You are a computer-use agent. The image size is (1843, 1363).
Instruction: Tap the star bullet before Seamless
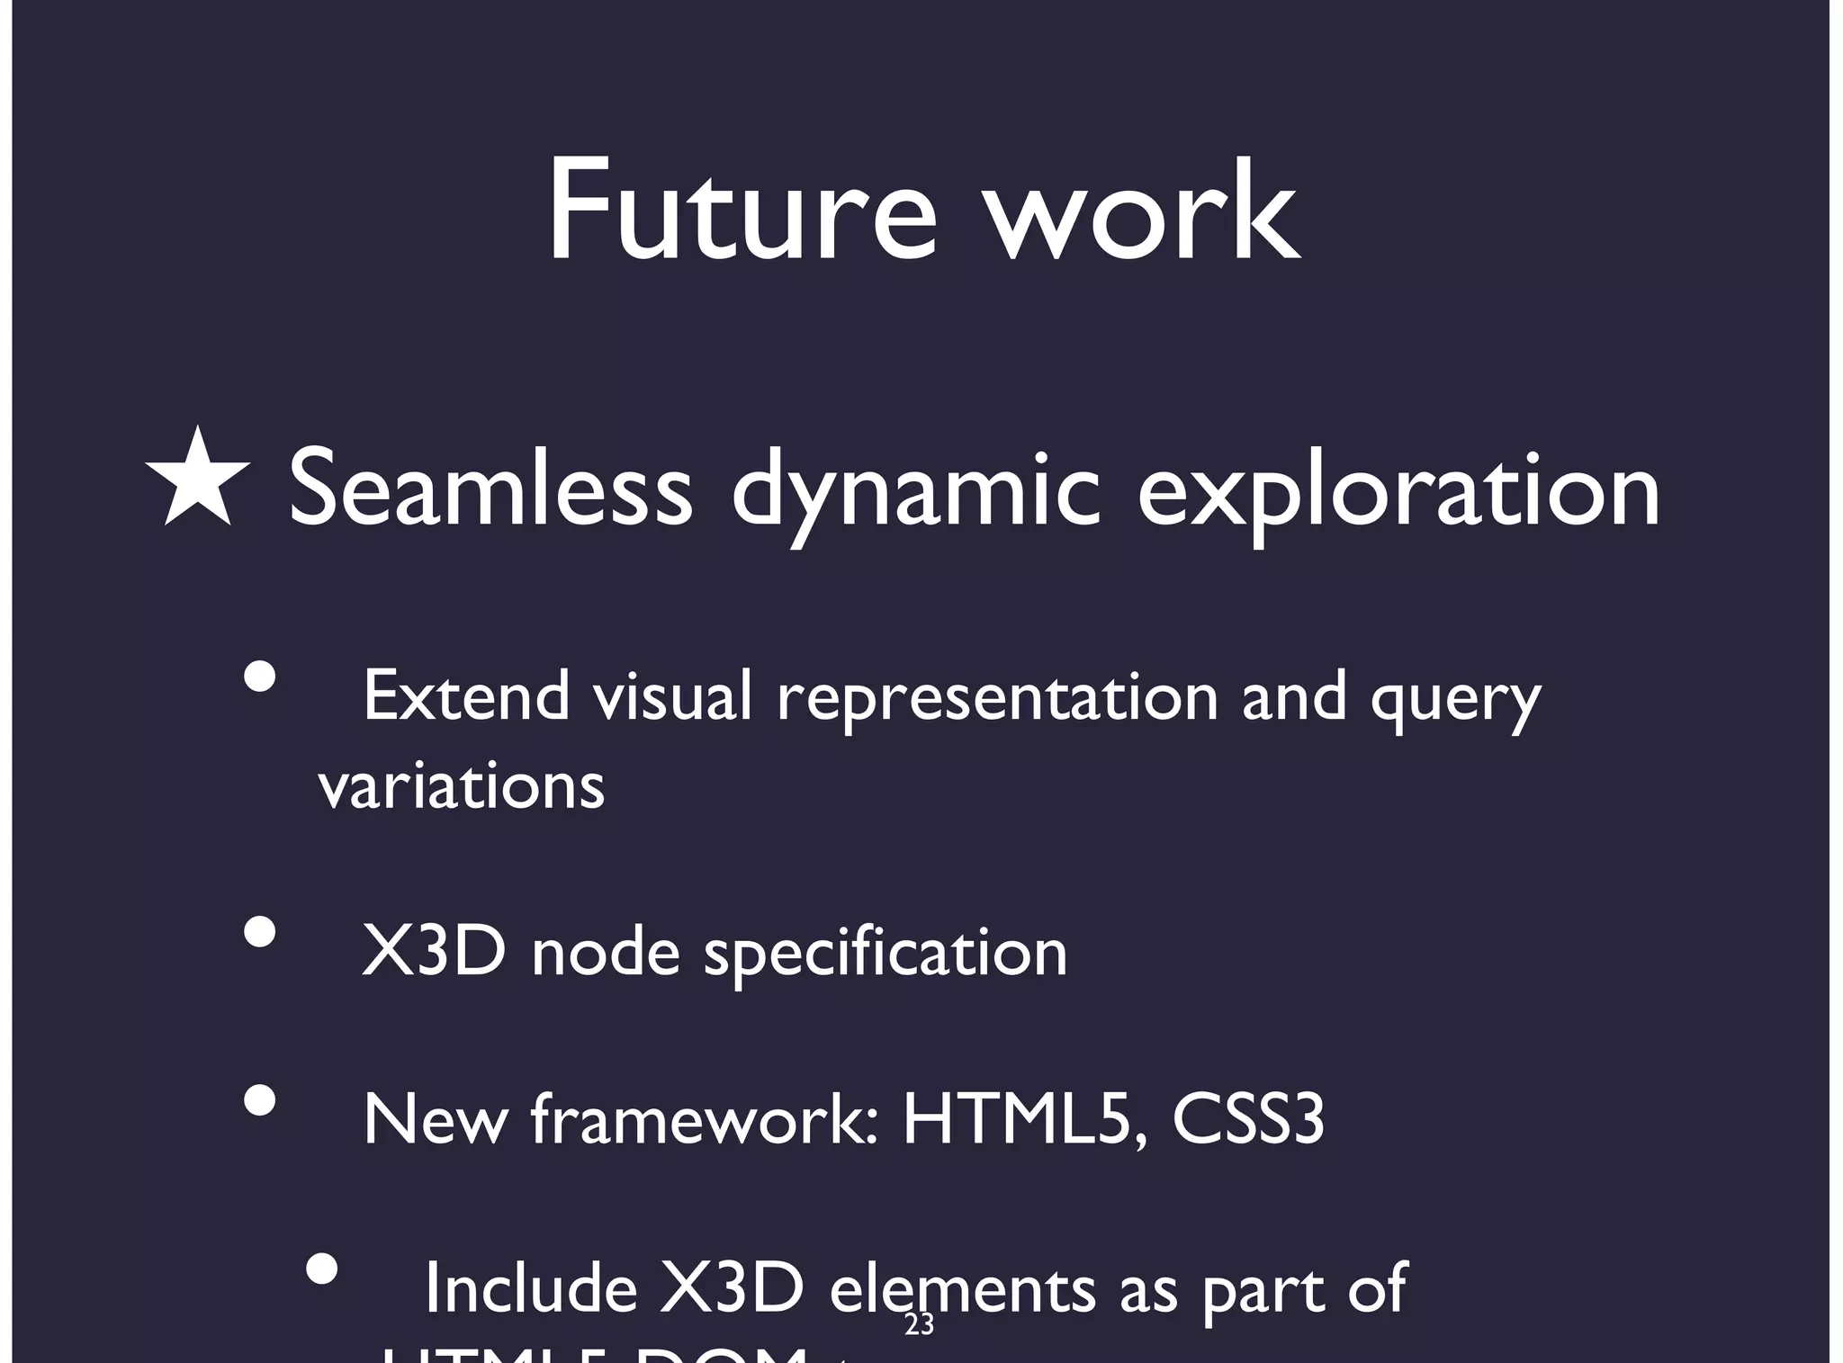[197, 479]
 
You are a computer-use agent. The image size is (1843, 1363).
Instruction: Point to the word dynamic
[916, 493]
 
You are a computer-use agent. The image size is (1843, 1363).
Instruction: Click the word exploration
[1398, 493]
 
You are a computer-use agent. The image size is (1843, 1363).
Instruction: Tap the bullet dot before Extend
[260, 677]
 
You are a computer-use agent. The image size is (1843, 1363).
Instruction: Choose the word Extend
[466, 696]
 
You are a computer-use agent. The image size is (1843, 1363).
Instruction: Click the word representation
[997, 698]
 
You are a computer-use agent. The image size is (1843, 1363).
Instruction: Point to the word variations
[462, 786]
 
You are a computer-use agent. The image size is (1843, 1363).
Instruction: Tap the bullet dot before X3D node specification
[260, 932]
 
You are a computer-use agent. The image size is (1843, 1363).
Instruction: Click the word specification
[885, 954]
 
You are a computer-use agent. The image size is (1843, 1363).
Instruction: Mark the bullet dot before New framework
[260, 1099]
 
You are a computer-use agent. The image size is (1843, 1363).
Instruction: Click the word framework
[704, 1119]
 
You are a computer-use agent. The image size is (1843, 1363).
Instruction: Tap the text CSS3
[1248, 1119]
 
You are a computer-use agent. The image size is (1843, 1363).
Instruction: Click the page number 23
[919, 1324]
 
